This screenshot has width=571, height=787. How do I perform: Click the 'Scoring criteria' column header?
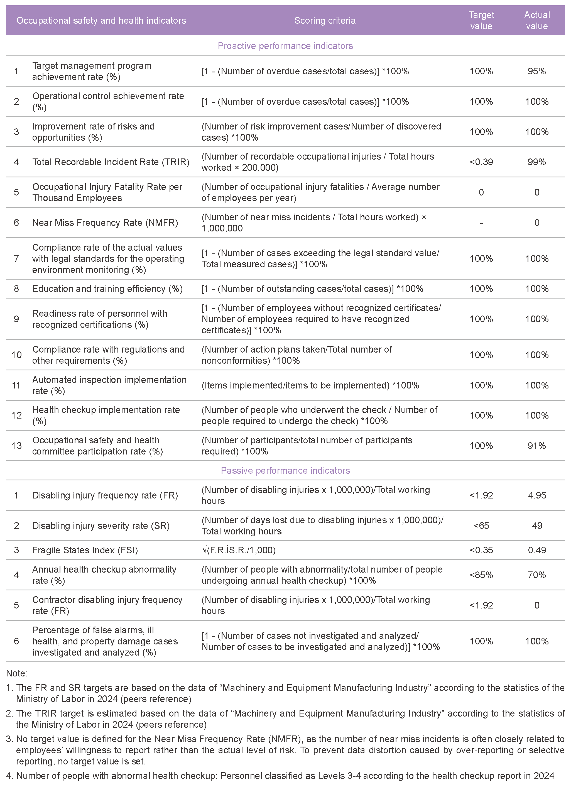click(x=325, y=21)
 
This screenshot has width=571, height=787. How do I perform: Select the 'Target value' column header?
click(x=481, y=21)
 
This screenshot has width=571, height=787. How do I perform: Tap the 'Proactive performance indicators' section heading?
click(x=285, y=46)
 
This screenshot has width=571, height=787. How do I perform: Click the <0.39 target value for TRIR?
click(x=481, y=162)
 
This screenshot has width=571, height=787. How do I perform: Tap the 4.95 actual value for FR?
click(x=537, y=495)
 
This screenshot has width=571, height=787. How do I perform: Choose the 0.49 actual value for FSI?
click(x=537, y=550)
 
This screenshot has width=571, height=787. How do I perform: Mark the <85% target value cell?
click(x=481, y=575)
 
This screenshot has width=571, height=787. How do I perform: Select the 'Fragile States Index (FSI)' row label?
click(x=85, y=550)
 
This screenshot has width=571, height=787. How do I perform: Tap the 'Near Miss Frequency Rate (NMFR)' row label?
click(x=105, y=223)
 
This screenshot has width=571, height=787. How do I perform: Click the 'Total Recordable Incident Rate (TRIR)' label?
click(x=111, y=162)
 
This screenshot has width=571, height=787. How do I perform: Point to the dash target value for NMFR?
click(x=481, y=223)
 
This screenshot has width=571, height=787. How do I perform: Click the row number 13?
click(x=17, y=446)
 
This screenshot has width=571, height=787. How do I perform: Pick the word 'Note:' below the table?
click(x=17, y=673)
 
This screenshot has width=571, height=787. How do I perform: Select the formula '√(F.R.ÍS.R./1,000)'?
click(x=239, y=550)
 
